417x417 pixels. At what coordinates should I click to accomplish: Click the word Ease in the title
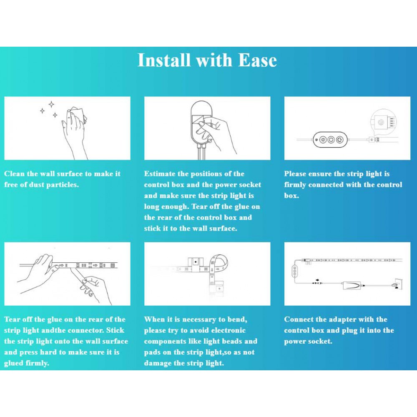(257, 60)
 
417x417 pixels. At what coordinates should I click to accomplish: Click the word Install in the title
(164, 60)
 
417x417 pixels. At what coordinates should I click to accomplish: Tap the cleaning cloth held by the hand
(79, 115)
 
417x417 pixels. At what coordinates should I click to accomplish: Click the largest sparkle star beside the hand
(52, 104)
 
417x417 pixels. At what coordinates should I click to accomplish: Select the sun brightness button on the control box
(323, 140)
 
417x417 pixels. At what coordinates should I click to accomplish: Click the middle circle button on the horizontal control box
(331, 140)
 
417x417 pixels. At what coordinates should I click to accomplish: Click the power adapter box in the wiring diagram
(352, 285)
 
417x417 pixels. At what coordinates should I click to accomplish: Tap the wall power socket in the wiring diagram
(398, 284)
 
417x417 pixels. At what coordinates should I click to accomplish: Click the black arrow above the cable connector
(317, 280)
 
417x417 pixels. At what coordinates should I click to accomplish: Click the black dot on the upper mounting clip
(196, 262)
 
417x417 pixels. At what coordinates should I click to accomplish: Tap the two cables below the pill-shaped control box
(201, 152)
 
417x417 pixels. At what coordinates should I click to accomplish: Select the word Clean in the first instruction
(14, 173)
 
